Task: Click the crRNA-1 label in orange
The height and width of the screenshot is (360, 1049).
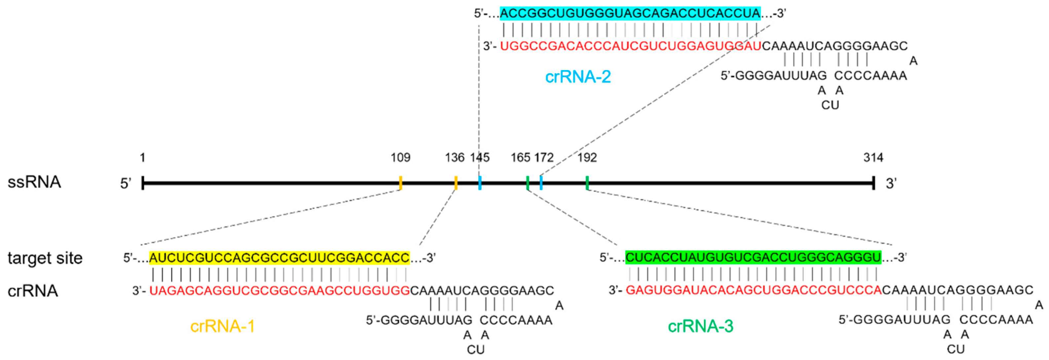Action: coord(222,326)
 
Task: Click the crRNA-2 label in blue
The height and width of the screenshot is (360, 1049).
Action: coord(578,77)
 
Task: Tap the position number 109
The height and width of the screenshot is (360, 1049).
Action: coord(400,158)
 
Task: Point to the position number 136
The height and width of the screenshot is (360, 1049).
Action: coord(455,158)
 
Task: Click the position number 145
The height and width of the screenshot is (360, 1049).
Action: coord(480,158)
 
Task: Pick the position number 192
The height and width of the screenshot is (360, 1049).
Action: coord(587,158)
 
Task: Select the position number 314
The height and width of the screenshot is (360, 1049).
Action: coord(873,158)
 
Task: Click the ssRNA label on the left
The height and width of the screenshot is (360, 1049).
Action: coord(34,182)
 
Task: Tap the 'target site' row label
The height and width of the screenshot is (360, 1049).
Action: coord(45,258)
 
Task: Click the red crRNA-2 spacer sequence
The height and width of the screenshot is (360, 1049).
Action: coord(630,46)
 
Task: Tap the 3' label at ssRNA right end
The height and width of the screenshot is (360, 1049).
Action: coord(891,184)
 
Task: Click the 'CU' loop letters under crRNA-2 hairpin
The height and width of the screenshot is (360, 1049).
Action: coord(830,105)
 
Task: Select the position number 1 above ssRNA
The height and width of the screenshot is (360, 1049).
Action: coord(142,158)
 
